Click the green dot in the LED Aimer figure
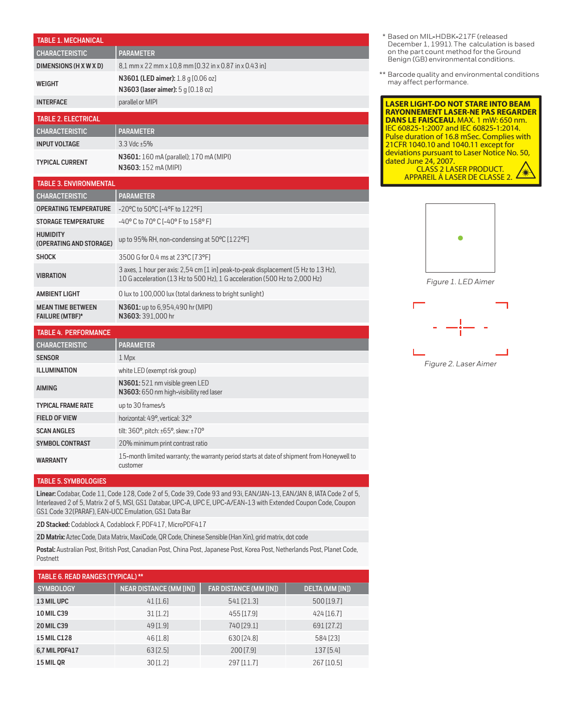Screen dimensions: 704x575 [460, 238]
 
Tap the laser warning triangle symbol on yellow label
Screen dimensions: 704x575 [525, 171]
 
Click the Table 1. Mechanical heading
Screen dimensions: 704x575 [70, 40]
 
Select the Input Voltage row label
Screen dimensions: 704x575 [58, 144]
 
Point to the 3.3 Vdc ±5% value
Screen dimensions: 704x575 [136, 144]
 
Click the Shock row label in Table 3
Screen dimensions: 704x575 [46, 257]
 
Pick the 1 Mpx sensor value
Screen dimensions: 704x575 [127, 358]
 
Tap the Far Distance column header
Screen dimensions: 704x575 [243, 589]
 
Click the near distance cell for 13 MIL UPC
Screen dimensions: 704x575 [157, 601]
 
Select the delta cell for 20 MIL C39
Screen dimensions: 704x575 [327, 626]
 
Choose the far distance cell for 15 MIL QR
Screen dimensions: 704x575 [243, 663]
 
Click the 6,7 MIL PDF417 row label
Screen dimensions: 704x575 [58, 650]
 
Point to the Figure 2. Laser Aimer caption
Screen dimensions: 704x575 [460, 364]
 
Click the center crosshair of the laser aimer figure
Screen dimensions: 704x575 [460, 327]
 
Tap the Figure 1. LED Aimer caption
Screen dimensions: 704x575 [460, 282]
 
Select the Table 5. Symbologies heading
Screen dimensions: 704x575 [71, 481]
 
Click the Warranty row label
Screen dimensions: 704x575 [52, 460]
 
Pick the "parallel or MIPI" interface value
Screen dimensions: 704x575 [138, 102]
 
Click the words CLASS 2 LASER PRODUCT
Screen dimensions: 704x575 [460, 169]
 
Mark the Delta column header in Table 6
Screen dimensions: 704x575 [327, 589]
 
